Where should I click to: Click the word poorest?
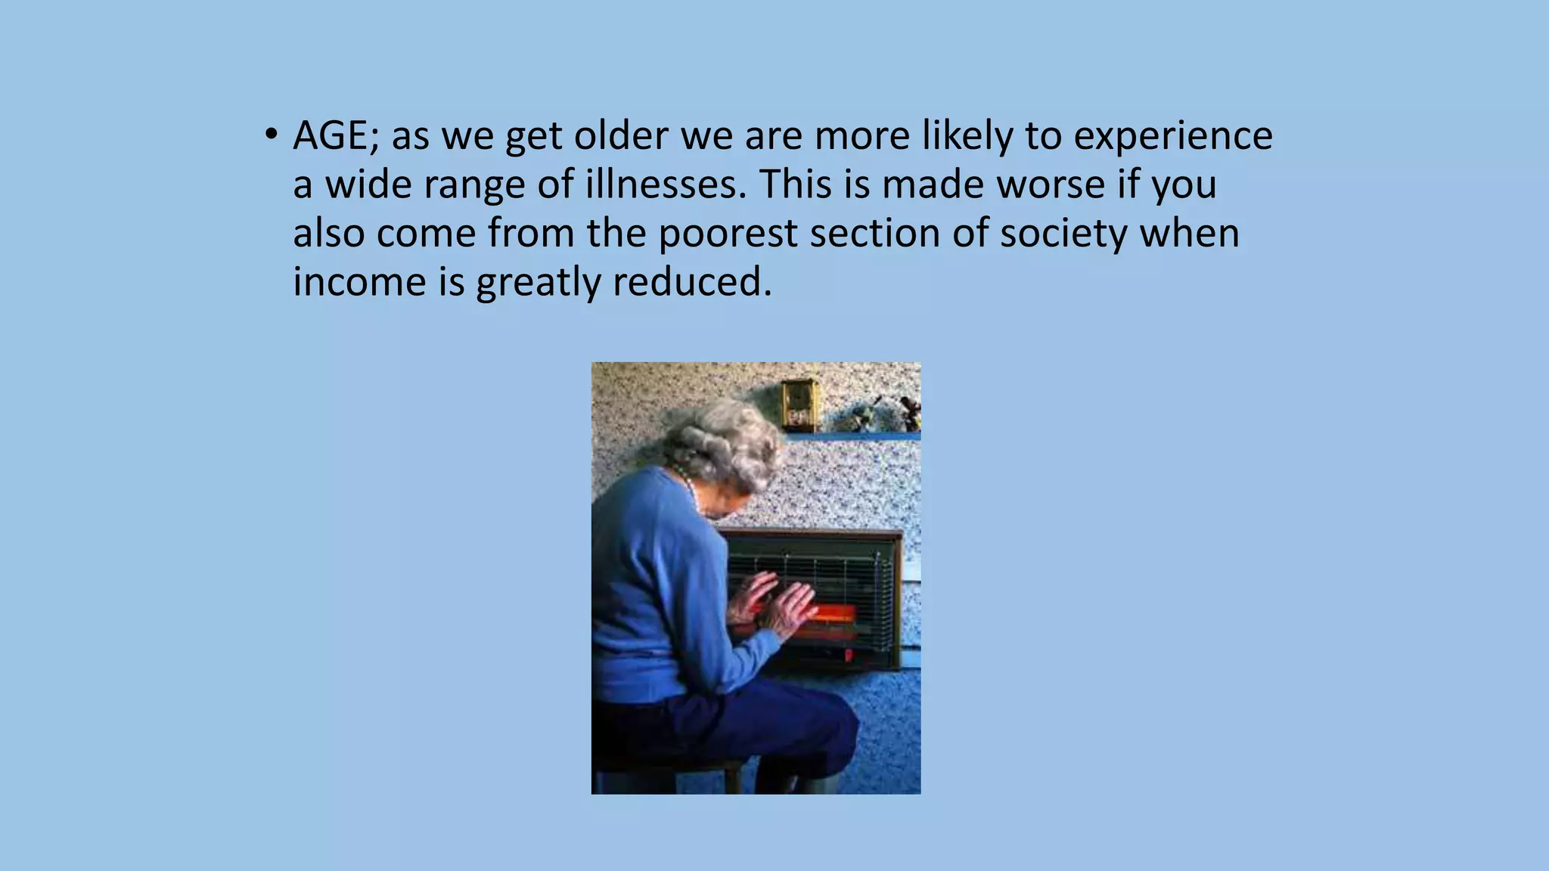727,234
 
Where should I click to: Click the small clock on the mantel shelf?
798,405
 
